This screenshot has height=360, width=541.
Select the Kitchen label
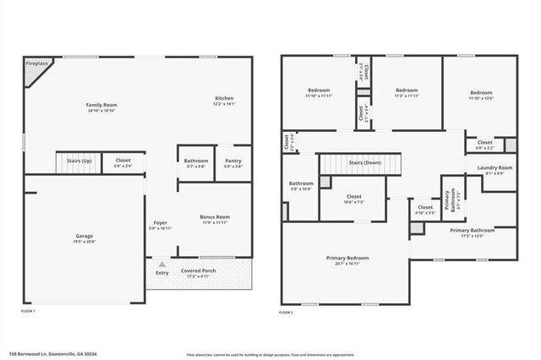tap(223, 98)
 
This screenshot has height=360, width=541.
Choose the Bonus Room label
tap(215, 216)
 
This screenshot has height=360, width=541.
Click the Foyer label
tap(160, 224)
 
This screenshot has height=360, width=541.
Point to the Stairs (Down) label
tap(365, 161)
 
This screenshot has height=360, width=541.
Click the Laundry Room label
tap(495, 168)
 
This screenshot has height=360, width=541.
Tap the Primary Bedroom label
tap(347, 258)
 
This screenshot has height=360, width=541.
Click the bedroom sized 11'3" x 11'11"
tap(407, 90)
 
